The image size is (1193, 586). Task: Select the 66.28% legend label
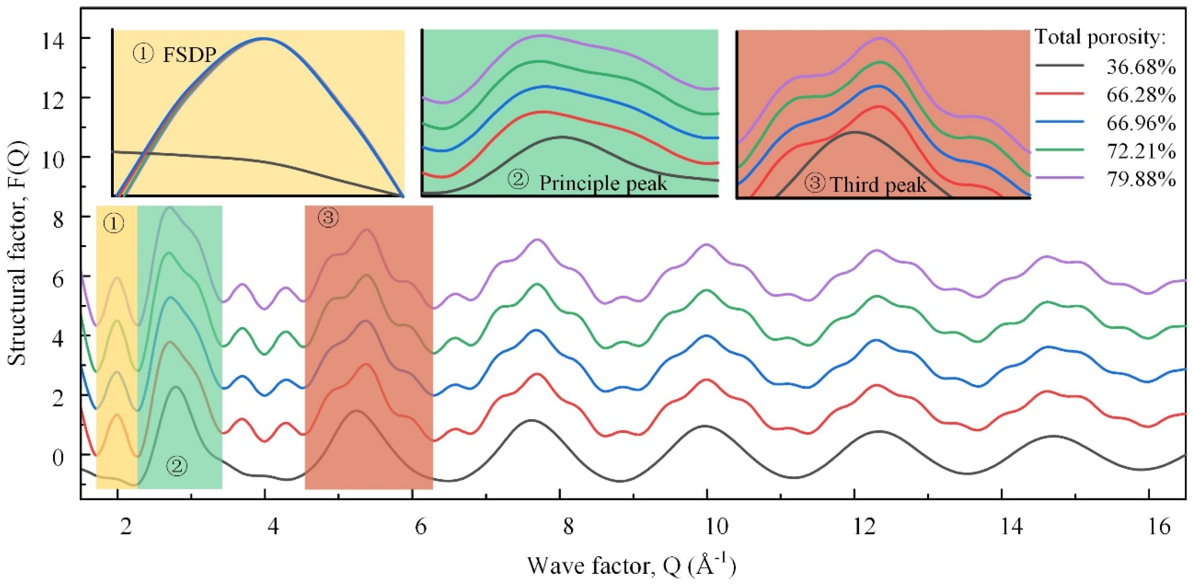pyautogui.click(x=1141, y=95)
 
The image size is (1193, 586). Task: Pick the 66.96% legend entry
pyautogui.click(x=1141, y=123)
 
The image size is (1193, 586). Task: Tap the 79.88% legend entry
pyautogui.click(x=1141, y=179)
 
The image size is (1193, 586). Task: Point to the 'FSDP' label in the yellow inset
pyautogui.click(x=189, y=56)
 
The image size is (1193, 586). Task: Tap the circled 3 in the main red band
pyautogui.click(x=328, y=218)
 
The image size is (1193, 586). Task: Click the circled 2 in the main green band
pyautogui.click(x=177, y=466)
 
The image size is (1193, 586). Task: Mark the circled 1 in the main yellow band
pyautogui.click(x=113, y=224)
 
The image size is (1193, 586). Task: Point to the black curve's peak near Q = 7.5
pyautogui.click(x=531, y=420)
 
